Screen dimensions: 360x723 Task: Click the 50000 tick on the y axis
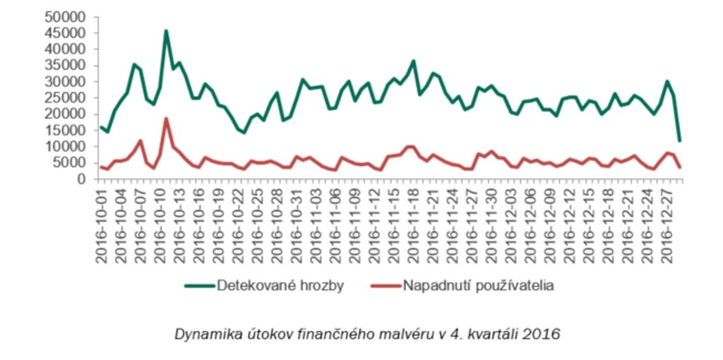pos(66,17)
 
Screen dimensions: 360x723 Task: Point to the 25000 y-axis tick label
pos(66,98)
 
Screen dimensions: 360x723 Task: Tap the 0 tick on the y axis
pos(80,179)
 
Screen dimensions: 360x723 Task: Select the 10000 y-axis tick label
pos(66,147)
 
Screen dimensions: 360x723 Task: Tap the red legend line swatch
pos(384,286)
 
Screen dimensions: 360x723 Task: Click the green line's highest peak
pos(166,31)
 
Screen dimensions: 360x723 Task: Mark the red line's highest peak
pos(166,119)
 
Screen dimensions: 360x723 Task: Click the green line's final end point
pos(679,140)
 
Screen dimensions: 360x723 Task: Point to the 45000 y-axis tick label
pos(66,33)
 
